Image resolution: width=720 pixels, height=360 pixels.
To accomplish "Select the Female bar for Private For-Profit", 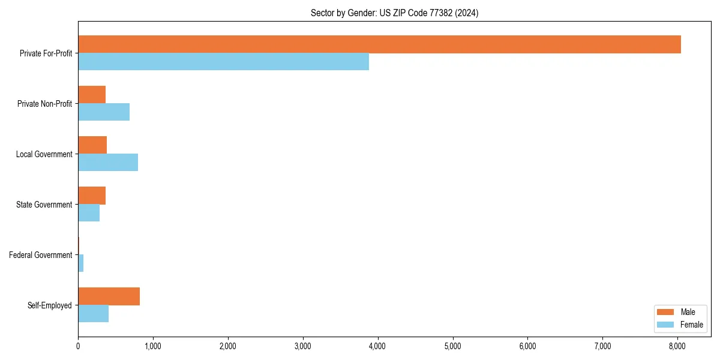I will click(223, 62).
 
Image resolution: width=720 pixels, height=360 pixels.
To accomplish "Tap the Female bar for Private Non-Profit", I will click(104, 112).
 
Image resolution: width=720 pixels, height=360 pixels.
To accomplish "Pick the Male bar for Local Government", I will click(92, 145).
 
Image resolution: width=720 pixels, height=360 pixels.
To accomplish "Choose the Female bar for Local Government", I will click(108, 163).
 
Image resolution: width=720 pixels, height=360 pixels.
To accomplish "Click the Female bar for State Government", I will click(89, 213).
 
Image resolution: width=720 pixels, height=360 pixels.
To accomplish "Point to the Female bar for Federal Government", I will click(81, 263).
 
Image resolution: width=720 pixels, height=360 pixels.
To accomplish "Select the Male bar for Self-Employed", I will click(109, 296).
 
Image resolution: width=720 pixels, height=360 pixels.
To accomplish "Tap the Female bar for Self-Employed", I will click(93, 314).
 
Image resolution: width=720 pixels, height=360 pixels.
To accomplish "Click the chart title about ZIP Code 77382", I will click(394, 13).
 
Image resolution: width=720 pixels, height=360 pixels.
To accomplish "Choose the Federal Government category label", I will click(41, 255).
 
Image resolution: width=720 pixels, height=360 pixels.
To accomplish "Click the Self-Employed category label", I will click(50, 305).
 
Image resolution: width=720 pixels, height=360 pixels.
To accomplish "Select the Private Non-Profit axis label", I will click(45, 104).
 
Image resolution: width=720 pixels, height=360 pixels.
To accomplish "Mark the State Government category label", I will click(44, 205).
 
